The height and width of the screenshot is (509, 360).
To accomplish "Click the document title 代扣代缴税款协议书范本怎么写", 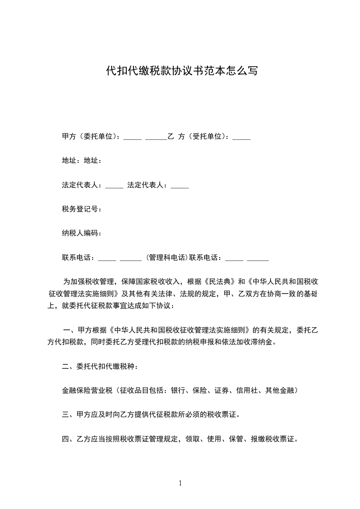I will click(x=182, y=71).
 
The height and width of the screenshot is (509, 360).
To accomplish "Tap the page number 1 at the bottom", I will click(x=180, y=483).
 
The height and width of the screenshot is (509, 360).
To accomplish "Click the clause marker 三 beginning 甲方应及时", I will click(x=65, y=414).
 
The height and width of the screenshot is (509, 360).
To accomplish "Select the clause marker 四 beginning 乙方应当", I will click(x=65, y=439).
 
